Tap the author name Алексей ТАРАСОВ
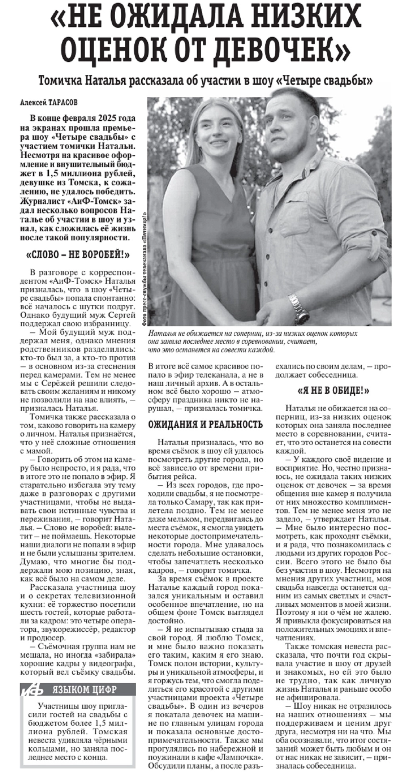(49, 102)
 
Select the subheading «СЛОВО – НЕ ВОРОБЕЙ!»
(78, 255)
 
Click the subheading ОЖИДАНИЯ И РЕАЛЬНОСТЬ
(206, 425)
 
